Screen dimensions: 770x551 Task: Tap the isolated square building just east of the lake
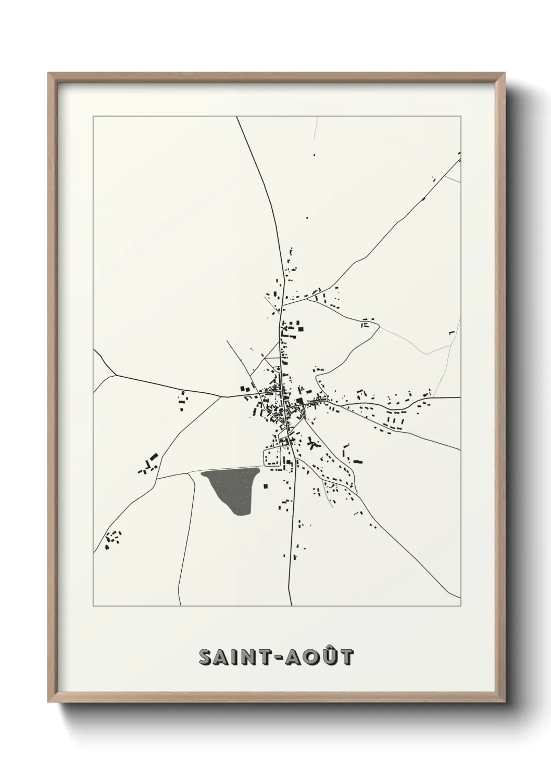pos(266,486)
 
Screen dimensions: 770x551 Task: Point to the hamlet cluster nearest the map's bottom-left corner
pos(112,540)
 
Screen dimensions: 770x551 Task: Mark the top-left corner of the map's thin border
pos(93,117)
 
